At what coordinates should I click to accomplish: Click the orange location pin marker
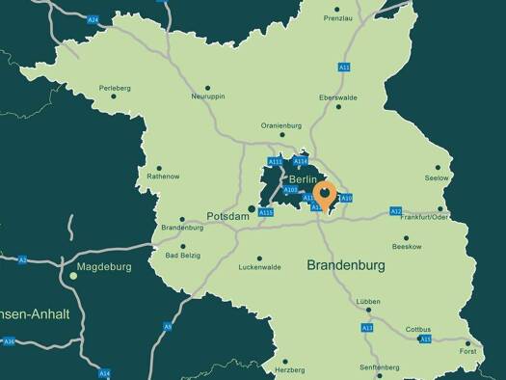click(x=326, y=196)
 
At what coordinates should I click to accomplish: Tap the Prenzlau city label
click(x=338, y=18)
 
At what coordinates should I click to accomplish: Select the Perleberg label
click(x=114, y=88)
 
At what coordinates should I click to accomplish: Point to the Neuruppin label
click(x=208, y=96)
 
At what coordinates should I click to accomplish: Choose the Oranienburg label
click(x=281, y=125)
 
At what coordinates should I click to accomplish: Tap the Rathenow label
click(x=162, y=176)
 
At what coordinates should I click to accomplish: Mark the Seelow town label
click(x=437, y=178)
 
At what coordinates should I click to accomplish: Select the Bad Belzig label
click(x=183, y=256)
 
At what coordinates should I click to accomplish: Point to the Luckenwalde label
click(x=259, y=267)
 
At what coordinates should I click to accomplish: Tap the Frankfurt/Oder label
click(x=426, y=217)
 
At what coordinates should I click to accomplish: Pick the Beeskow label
click(x=407, y=247)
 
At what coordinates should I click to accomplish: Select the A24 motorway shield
click(x=93, y=19)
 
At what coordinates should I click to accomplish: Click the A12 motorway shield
click(x=395, y=211)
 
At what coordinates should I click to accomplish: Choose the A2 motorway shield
click(x=22, y=259)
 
